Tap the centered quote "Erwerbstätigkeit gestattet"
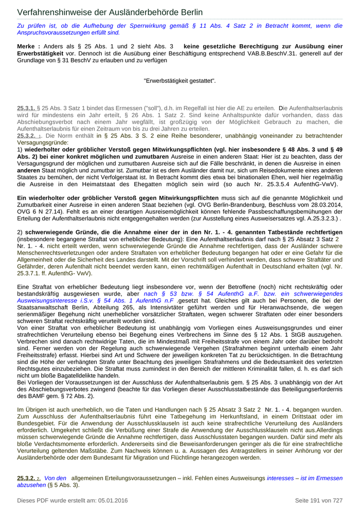coord(179,81)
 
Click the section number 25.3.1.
coord(26,108)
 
